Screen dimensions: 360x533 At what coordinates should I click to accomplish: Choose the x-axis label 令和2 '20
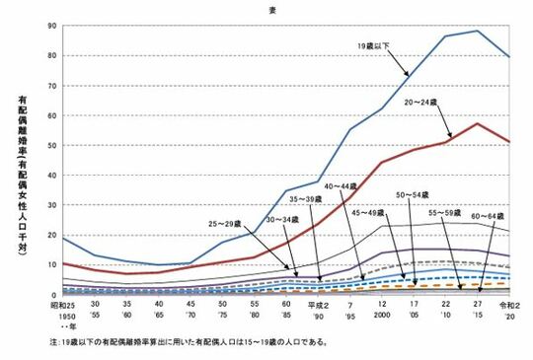click(x=508, y=312)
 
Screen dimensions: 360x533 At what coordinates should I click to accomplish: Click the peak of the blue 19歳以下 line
click(x=477, y=31)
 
